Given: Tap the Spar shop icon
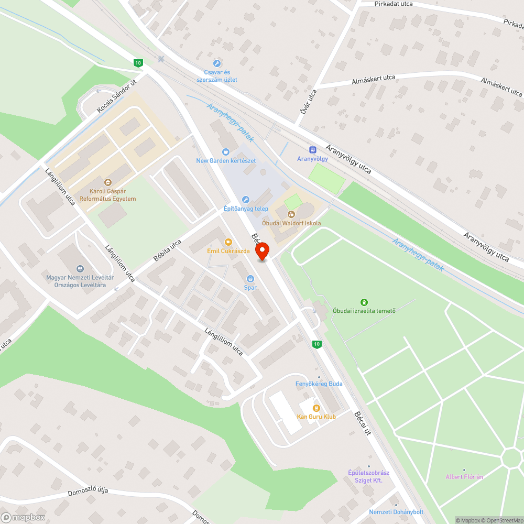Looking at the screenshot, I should pos(250,279).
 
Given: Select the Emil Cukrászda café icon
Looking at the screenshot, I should pos(228,242).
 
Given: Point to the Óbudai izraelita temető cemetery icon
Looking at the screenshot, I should pos(364,302).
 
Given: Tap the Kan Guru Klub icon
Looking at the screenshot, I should pos(316,408).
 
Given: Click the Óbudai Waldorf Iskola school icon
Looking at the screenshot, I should pos(291,214).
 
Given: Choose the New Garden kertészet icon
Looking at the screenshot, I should pos(226,151).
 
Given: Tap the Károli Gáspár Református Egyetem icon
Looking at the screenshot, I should pos(108,182).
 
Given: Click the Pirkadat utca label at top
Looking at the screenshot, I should pos(394,4).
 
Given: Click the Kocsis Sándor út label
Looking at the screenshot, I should pos(116,96).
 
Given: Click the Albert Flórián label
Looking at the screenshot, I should pos(464,477).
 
